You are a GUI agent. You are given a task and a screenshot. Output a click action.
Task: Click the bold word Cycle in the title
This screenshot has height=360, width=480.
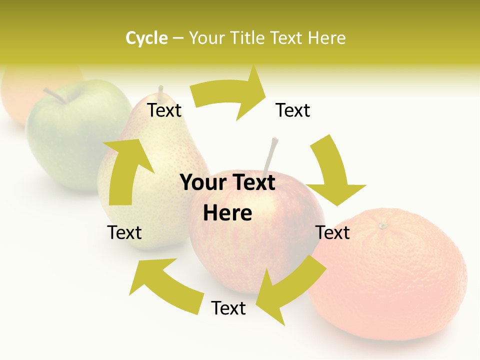(x=146, y=38)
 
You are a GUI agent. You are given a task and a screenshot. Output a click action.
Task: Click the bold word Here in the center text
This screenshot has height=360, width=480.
(x=227, y=213)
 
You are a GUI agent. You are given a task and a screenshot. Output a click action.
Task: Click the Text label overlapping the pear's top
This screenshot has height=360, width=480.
(x=164, y=110)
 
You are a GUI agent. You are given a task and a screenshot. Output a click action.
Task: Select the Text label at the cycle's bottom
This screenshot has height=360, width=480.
(x=228, y=308)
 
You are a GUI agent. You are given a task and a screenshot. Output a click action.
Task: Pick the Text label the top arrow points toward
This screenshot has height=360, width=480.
(x=293, y=110)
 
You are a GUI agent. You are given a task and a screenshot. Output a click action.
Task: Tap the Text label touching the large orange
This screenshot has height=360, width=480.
(x=333, y=232)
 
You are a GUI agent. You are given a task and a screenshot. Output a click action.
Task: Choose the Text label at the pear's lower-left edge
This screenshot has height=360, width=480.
(x=124, y=232)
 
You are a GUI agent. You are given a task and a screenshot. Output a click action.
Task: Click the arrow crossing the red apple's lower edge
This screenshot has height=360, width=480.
(x=290, y=287)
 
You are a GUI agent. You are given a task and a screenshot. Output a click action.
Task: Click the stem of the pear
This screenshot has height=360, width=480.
(x=161, y=92)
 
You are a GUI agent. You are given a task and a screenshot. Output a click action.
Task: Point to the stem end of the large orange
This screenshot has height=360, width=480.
(x=383, y=226)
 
